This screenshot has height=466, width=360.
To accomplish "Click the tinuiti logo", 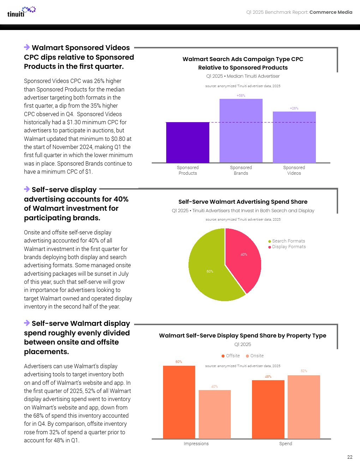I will [x=21, y=12].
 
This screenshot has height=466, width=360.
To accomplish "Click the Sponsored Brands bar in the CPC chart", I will [x=241, y=131].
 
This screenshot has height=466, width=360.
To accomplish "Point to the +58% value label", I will [x=241, y=96].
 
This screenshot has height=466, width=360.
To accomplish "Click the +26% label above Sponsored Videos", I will [x=294, y=108].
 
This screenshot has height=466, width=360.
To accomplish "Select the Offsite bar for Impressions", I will [x=179, y=402].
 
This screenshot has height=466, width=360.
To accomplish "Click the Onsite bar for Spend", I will [x=304, y=407].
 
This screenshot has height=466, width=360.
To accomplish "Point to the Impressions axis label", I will [x=196, y=444].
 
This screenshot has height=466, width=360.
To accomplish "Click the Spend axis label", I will [x=286, y=444].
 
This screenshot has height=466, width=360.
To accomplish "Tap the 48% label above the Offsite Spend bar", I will [x=268, y=377].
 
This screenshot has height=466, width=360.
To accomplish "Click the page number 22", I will [x=350, y=457].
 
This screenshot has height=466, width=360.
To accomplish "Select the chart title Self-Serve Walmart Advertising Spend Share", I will [x=243, y=202].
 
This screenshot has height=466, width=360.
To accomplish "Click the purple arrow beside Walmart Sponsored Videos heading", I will [x=27, y=47].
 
